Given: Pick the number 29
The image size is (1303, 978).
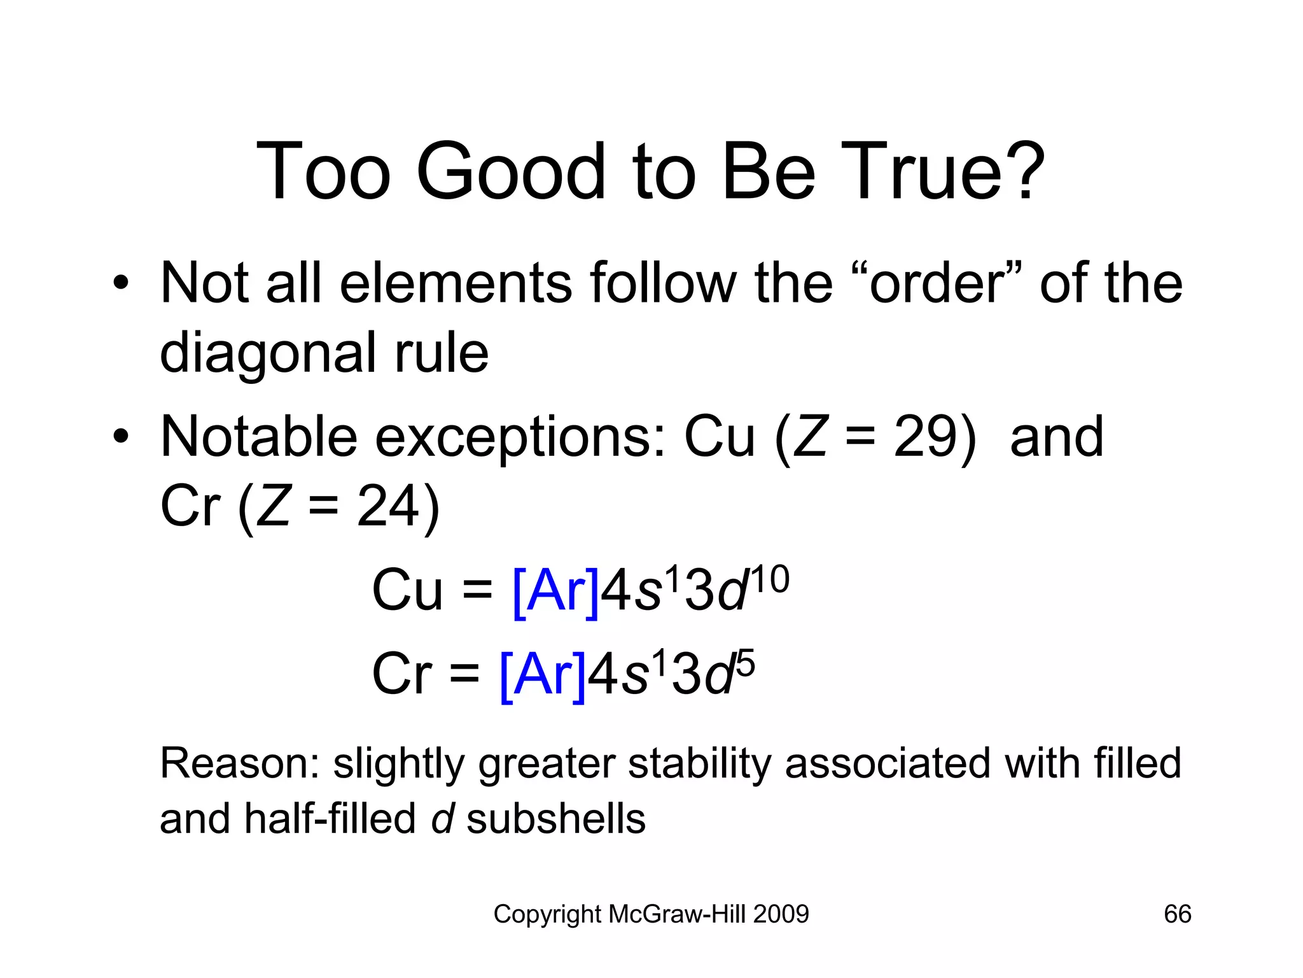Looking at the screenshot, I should pos(925,437).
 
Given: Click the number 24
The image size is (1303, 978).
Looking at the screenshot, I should pos(388,507).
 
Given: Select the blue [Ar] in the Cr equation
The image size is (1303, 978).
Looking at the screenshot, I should pos(543,675).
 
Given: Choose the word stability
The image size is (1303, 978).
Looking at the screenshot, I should pos(699,764).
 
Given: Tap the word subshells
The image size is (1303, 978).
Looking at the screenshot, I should pos(556,819).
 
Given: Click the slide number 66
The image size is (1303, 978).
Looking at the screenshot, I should pos(1177,914).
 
